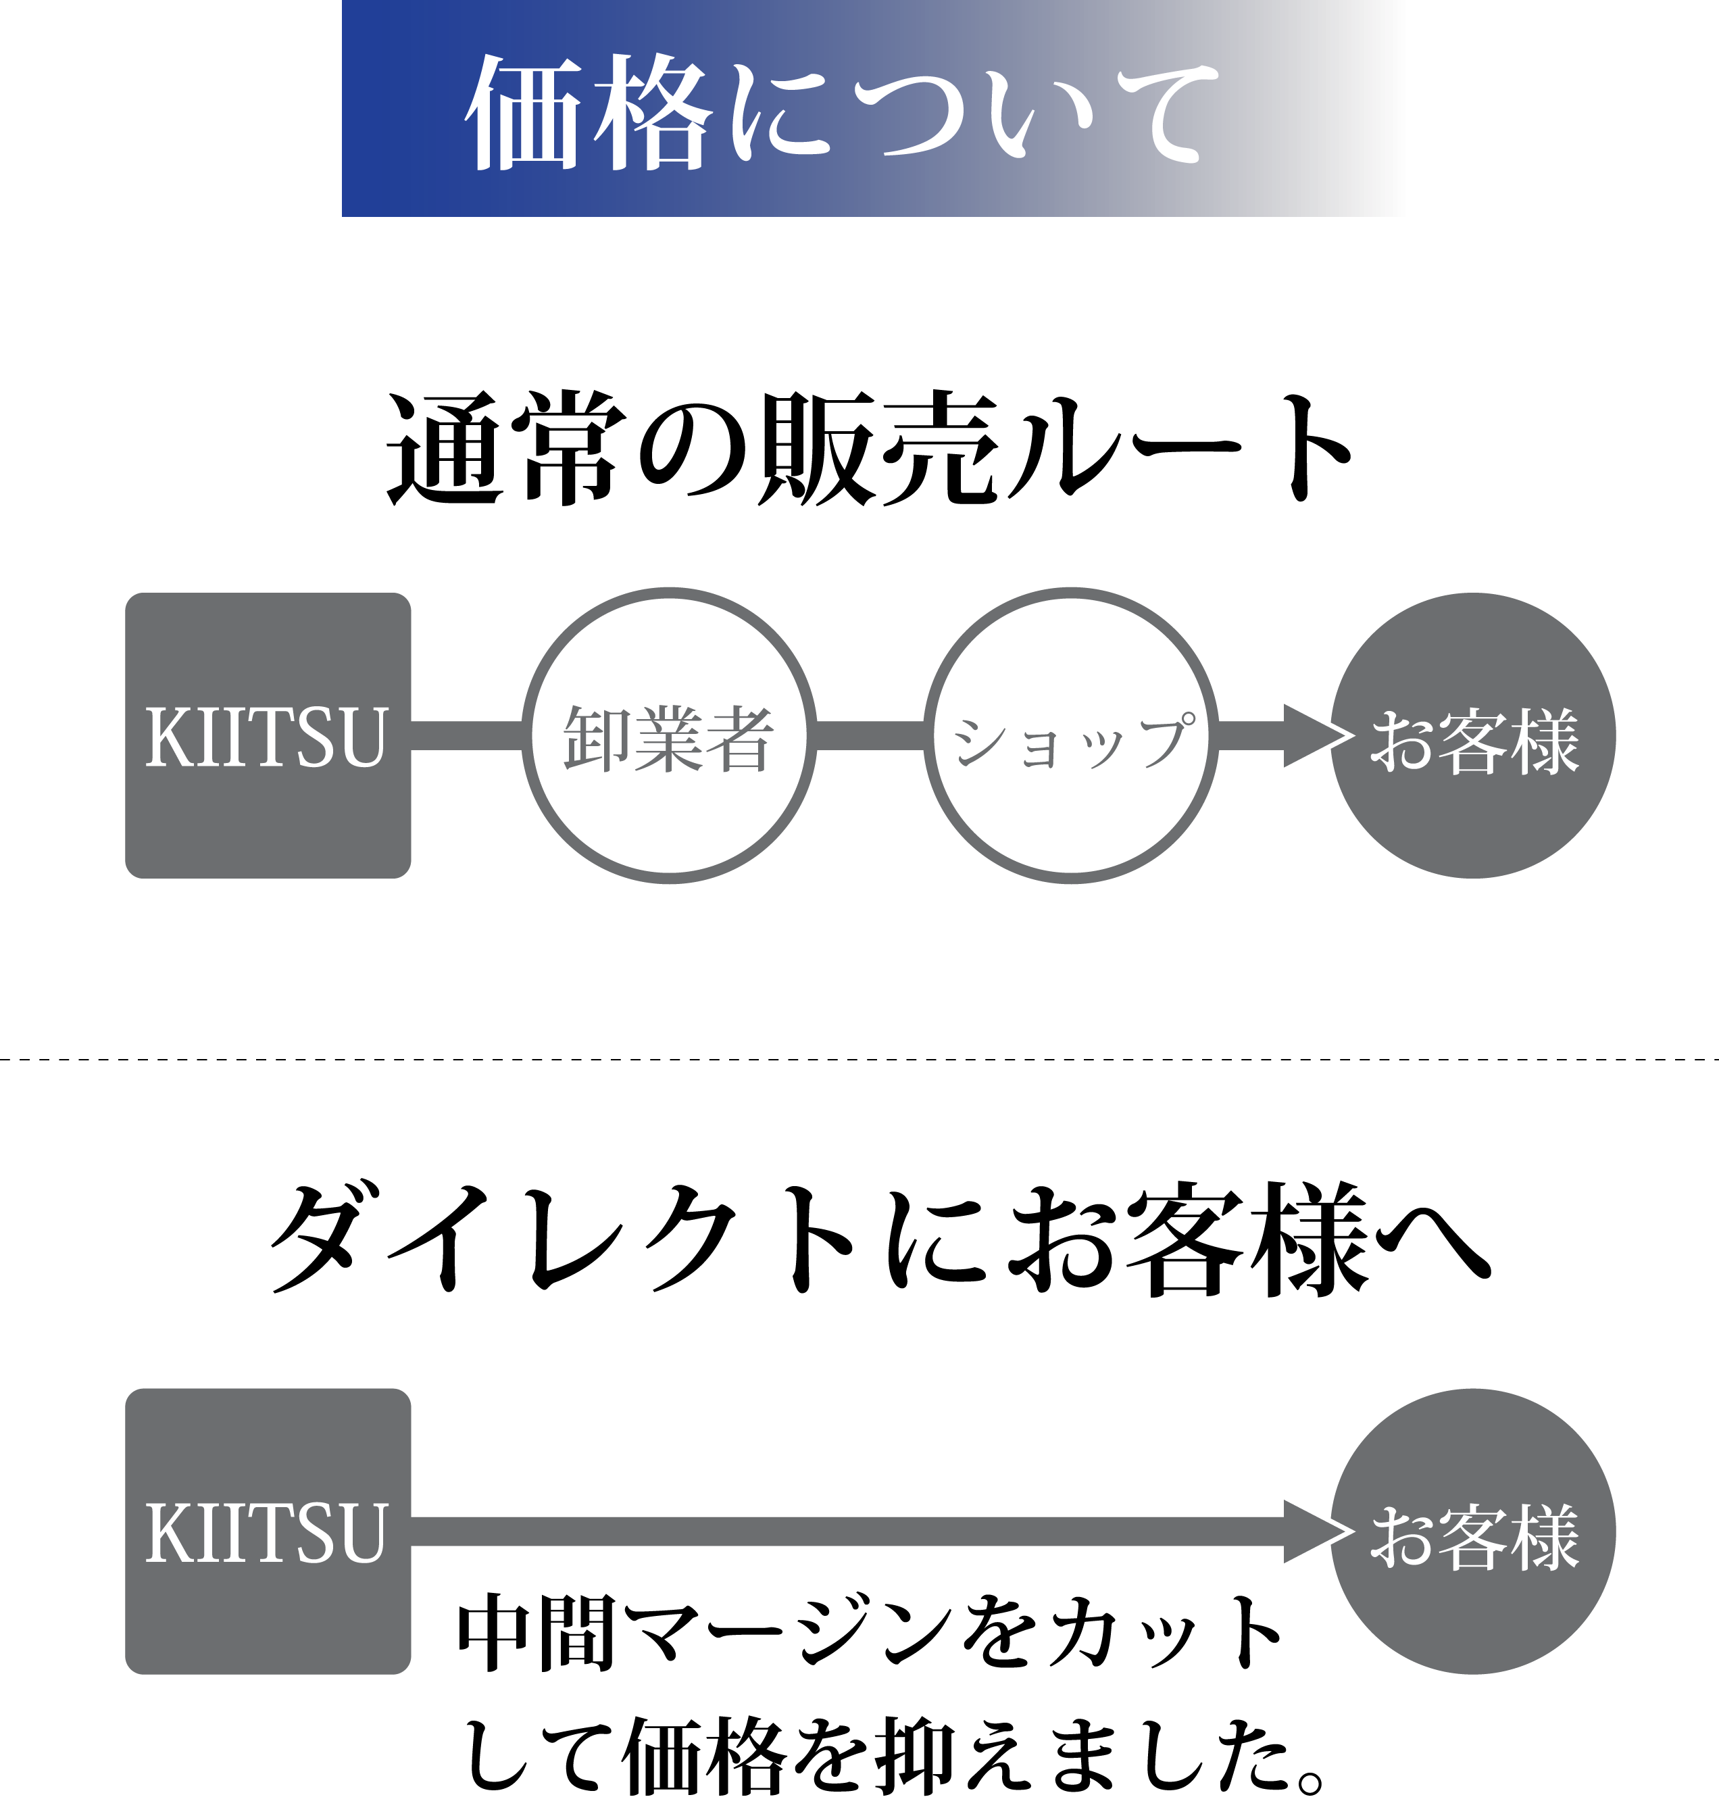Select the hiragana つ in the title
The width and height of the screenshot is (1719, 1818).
916,114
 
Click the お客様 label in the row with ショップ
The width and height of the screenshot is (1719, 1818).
1474,741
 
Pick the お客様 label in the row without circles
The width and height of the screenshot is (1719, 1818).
1474,1537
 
